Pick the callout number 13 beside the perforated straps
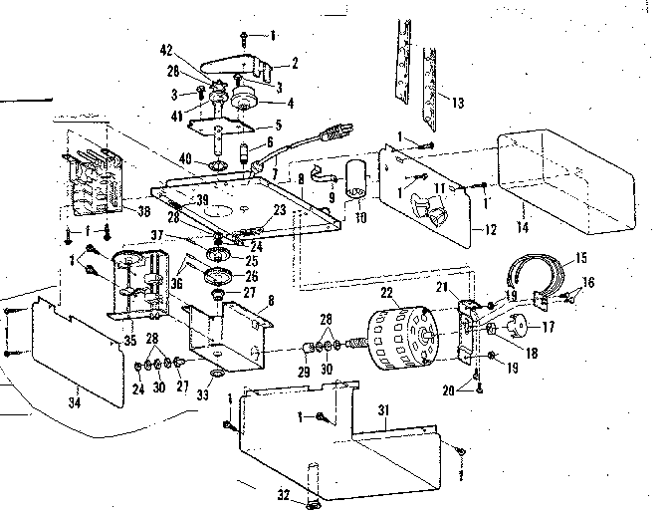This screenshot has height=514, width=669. [457, 104]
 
